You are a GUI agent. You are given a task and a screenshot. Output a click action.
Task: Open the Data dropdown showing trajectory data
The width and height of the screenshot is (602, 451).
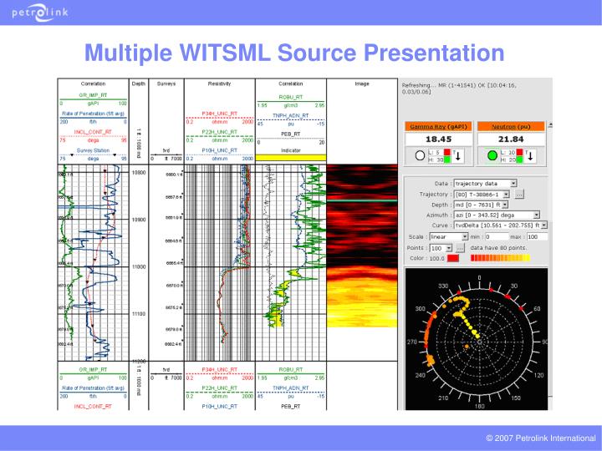488,182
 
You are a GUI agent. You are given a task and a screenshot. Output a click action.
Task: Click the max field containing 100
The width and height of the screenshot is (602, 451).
537,236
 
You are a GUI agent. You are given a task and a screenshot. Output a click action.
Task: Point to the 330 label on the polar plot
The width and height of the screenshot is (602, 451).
443,286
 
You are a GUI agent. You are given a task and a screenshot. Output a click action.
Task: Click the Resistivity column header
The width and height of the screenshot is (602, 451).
218,84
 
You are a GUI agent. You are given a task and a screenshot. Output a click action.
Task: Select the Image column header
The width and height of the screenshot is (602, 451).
362,84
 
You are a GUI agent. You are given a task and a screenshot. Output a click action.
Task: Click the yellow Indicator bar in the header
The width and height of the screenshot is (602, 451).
290,157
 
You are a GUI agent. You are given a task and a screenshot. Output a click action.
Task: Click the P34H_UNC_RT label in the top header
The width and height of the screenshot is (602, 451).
220,113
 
